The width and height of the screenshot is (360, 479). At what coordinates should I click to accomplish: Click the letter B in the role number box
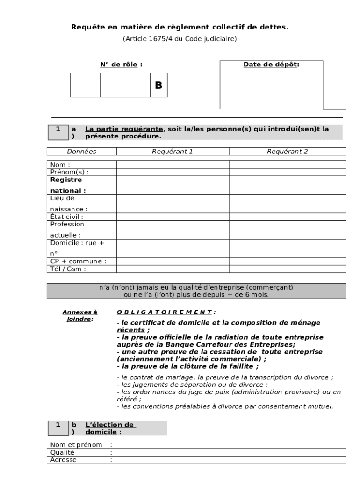click(158, 85)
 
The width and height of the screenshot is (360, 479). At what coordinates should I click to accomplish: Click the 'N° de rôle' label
click(121, 65)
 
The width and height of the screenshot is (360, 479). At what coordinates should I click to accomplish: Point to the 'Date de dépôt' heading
click(271, 65)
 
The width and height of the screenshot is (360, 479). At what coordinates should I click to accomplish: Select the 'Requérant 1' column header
click(173, 152)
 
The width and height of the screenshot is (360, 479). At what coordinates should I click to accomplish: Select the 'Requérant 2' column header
click(288, 152)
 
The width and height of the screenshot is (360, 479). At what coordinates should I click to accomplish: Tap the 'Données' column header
click(81, 152)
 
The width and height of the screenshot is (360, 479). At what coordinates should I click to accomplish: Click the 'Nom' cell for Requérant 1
click(173, 165)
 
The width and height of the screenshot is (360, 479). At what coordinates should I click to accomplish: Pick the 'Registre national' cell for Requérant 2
click(288, 185)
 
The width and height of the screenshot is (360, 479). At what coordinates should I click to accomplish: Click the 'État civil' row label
click(66, 217)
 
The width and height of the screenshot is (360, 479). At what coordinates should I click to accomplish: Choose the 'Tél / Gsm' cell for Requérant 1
click(173, 269)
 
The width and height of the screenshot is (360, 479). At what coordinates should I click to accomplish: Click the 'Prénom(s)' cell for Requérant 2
click(288, 172)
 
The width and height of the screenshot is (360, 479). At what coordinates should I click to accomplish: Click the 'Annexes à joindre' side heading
click(79, 316)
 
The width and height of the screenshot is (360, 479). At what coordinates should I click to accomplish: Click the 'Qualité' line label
click(62, 452)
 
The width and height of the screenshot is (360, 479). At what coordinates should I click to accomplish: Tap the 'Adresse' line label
click(63, 460)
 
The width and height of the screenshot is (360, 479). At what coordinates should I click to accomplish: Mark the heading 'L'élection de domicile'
click(110, 428)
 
